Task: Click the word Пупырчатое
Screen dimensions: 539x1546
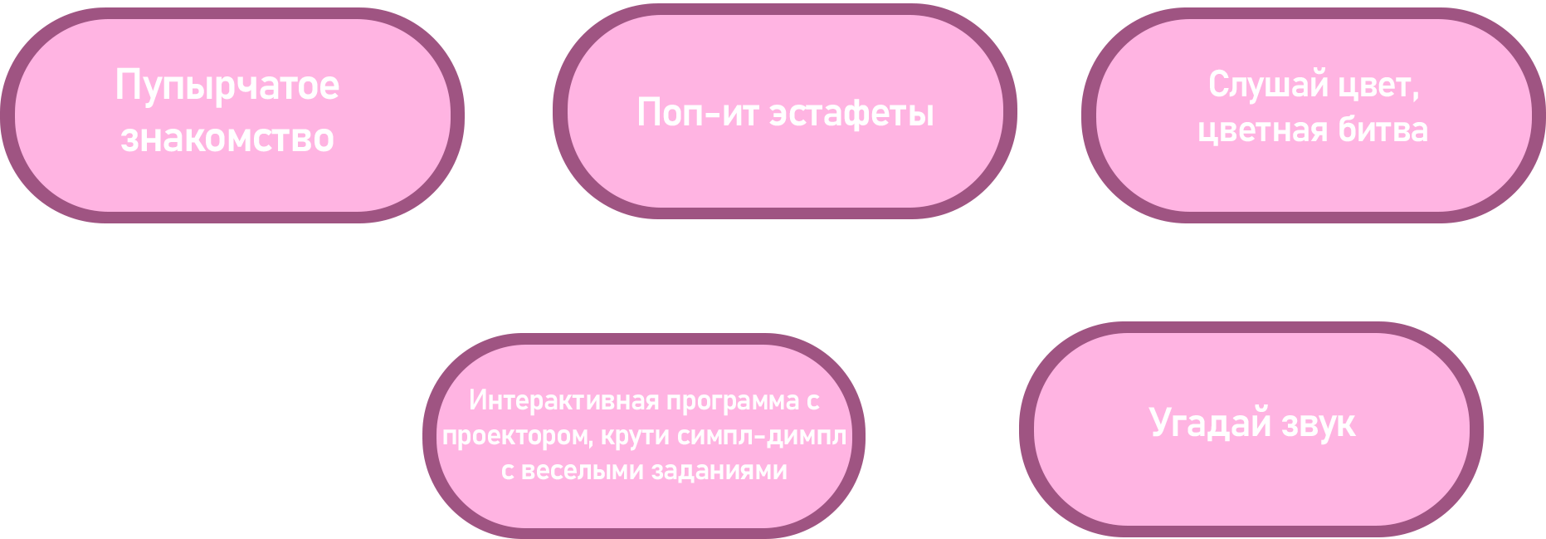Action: point(227,86)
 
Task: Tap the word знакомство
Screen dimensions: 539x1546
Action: point(227,138)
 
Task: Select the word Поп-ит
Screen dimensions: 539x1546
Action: point(697,112)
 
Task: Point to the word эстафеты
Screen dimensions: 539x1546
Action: point(851,113)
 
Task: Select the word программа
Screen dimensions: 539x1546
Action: point(733,401)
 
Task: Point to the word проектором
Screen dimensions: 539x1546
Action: point(517,436)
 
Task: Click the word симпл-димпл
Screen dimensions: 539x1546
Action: point(762,436)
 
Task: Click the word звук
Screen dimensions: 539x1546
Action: point(1318,424)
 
